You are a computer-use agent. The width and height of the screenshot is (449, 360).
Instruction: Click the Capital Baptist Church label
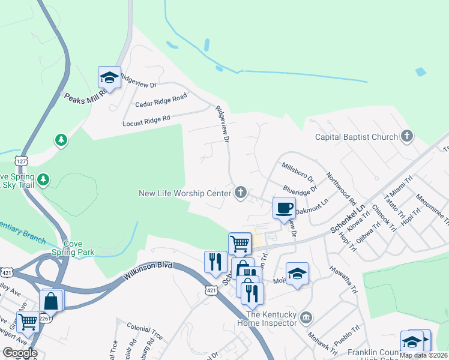click(357, 137)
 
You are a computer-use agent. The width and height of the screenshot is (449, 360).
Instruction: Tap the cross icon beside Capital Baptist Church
click(407, 136)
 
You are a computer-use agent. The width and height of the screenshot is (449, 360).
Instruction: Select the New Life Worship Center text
click(184, 193)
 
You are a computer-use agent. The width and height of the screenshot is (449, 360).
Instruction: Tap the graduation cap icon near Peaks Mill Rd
click(109, 78)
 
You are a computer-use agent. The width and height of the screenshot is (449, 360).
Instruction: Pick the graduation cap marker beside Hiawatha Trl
click(297, 274)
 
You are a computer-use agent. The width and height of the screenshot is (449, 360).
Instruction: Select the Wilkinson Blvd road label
click(148, 272)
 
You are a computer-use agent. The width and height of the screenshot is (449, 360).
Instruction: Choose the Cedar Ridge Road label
click(161, 100)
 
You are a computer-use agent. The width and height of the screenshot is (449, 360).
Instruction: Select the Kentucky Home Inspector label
click(271, 319)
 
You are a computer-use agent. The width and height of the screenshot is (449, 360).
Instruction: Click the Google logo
click(19, 353)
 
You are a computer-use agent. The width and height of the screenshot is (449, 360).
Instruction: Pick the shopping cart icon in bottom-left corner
click(28, 322)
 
